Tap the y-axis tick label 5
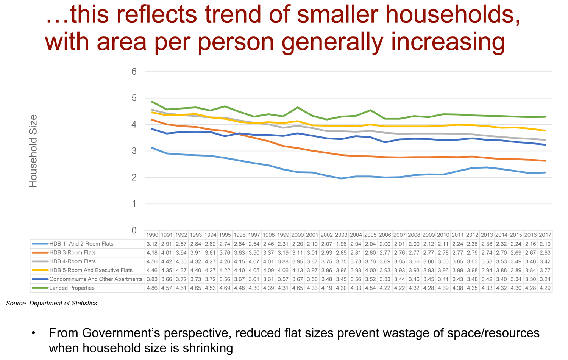[x=134, y=98]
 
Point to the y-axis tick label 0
[x=134, y=230]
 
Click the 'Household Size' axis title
[x=33, y=151]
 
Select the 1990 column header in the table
[x=152, y=235]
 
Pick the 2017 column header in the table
[x=545, y=235]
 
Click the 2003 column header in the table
[x=341, y=235]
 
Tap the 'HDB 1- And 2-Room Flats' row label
[x=81, y=244]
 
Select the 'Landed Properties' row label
[x=72, y=288]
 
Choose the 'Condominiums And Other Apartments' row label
[x=96, y=279]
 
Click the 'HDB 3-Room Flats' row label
[x=72, y=253]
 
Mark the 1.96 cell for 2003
[x=341, y=244]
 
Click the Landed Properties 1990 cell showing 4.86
[x=152, y=288]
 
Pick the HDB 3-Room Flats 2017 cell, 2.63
[x=545, y=253]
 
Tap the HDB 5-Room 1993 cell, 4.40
[x=196, y=271]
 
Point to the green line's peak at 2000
[x=298, y=107]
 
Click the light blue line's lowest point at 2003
[x=341, y=178]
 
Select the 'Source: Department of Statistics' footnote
[x=51, y=303]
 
